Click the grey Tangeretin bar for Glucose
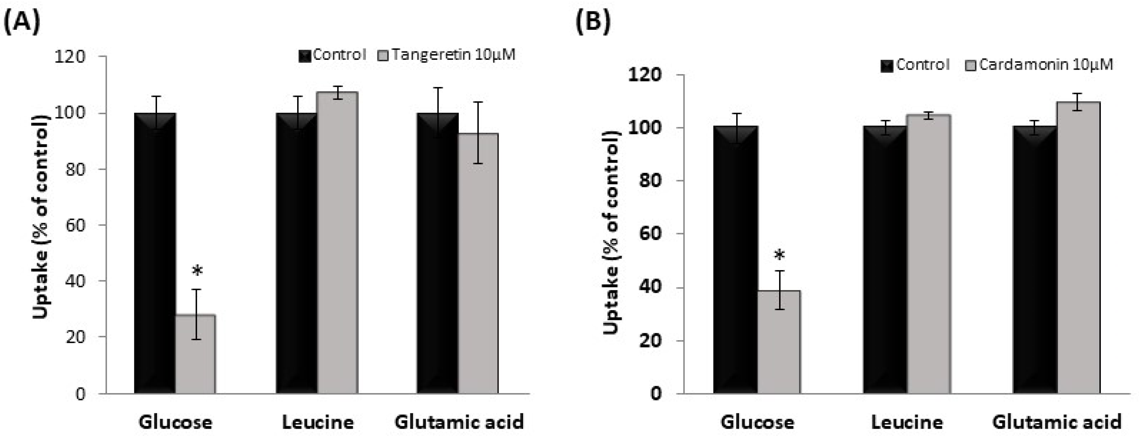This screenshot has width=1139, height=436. point(196,354)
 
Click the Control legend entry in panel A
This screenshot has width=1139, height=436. point(332,55)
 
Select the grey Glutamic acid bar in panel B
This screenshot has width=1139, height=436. point(1078,248)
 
